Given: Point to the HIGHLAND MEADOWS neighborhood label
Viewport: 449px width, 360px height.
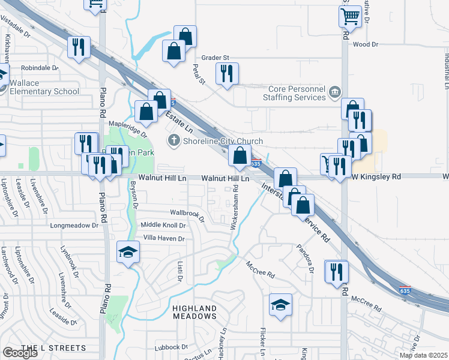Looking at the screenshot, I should [194, 312].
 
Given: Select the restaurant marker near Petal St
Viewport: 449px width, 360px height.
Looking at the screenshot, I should [227, 74].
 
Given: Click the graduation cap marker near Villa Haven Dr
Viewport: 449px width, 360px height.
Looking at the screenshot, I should [128, 252].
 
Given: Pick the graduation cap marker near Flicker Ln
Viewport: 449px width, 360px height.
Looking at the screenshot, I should [280, 305].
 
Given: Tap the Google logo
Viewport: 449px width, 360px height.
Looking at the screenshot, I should [20, 353].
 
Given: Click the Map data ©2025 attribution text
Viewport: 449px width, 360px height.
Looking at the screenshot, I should [423, 355].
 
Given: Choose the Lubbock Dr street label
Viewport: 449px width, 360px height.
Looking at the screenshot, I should [171, 347].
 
